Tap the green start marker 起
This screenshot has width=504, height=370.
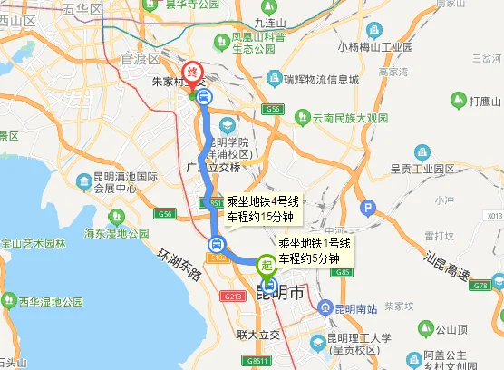coord(267,265)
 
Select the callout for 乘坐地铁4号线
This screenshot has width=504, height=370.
coord(262,209)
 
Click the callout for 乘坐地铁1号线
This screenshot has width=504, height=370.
coord(313,251)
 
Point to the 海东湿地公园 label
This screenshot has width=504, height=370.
coord(116,233)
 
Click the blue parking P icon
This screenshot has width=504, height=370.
coord(367,209)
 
